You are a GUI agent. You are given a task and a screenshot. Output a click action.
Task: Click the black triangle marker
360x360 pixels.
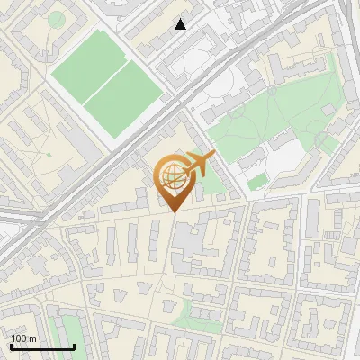181,24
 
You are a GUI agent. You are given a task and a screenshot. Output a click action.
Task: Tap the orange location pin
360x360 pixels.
173,181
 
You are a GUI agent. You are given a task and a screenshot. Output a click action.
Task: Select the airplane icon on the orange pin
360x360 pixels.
197,165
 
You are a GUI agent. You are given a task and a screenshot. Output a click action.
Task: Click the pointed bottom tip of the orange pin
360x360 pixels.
174,211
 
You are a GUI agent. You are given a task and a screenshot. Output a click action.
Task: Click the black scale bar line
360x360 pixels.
42,346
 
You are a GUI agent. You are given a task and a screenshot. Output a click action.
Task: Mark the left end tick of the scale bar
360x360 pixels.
11,345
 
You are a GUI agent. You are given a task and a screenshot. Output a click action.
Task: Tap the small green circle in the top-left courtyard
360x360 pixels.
56,19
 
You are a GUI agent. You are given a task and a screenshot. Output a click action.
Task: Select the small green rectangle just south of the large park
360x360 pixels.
257,182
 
